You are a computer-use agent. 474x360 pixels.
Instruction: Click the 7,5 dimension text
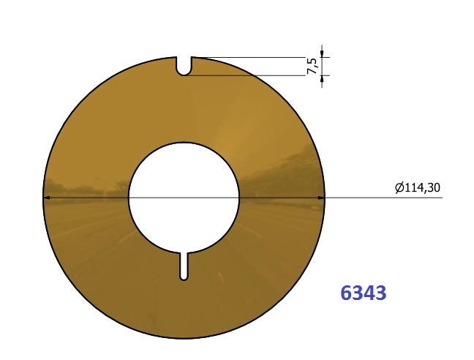click(313, 66)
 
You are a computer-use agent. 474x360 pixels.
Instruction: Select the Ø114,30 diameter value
click(418, 188)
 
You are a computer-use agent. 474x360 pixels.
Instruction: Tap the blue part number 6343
click(363, 293)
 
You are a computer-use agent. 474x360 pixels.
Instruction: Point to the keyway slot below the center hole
click(184, 265)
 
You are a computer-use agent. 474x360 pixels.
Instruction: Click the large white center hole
click(184, 196)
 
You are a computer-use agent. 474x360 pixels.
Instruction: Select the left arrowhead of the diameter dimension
click(48, 198)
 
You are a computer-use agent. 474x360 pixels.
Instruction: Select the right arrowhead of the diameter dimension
click(320, 198)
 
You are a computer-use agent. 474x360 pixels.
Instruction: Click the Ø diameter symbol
click(399, 189)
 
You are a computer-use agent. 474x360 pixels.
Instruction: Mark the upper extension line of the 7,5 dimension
click(256, 57)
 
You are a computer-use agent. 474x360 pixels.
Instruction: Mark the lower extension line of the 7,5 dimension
click(256, 75)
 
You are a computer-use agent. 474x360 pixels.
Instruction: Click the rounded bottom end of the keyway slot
click(184, 277)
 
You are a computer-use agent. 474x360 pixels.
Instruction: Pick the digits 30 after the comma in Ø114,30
click(434, 188)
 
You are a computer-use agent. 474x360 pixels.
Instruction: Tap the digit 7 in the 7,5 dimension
click(313, 71)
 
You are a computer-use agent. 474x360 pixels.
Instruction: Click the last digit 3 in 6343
click(380, 293)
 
